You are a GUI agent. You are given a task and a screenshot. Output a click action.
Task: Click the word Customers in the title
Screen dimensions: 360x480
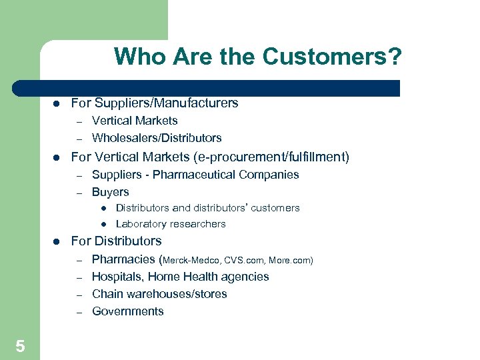332,57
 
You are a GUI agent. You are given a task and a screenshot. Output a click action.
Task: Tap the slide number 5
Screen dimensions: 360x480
20,346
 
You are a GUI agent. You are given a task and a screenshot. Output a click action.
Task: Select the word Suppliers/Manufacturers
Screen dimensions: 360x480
167,103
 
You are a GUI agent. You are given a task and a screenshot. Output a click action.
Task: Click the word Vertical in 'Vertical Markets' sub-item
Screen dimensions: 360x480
111,121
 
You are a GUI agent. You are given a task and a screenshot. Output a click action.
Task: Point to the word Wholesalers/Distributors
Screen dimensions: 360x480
157,138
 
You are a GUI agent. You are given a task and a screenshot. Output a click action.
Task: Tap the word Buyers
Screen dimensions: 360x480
110,192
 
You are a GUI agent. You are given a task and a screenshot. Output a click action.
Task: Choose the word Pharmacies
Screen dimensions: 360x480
123,259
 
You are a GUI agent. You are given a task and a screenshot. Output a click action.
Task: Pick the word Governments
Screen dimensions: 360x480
127,311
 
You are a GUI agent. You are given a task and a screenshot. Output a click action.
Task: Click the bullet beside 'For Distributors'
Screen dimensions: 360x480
57,241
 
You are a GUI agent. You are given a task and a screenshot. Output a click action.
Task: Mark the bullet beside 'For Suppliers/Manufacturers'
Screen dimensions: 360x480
57,103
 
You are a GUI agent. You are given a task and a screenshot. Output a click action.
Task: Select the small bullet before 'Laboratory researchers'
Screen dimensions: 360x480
104,224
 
